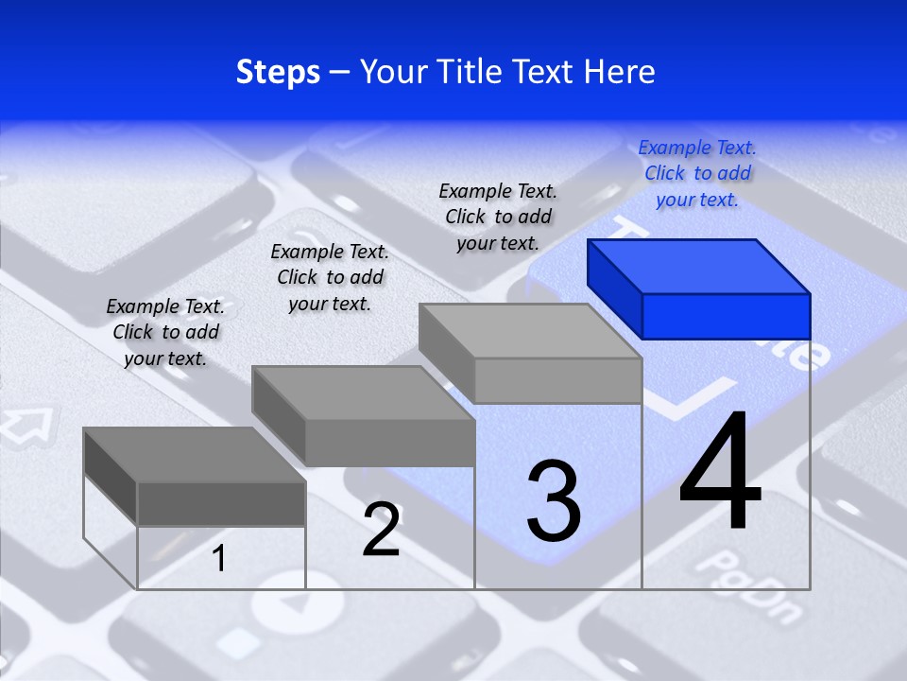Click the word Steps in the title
278,72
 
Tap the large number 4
720,473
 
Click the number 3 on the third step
554,501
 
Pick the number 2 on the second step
381,530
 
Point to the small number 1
219,559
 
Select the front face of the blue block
726,316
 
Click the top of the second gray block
363,393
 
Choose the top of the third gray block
530,331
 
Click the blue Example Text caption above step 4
697,174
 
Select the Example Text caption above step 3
498,217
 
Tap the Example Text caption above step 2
330,277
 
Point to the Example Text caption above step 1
165,332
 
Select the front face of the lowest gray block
221,503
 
